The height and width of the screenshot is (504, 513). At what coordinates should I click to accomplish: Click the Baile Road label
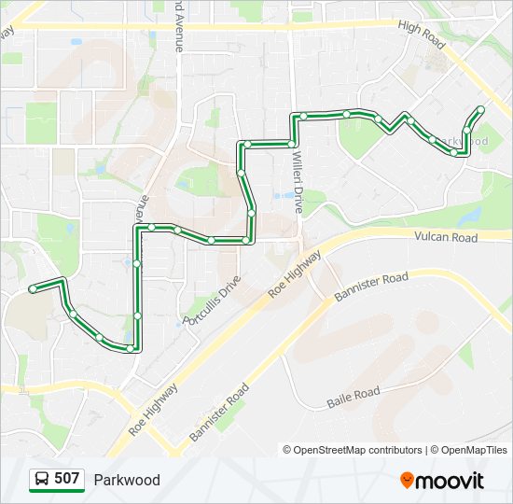click(354, 398)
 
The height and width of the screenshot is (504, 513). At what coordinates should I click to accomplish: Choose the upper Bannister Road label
click(371, 287)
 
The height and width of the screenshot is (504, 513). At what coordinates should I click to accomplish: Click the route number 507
click(66, 479)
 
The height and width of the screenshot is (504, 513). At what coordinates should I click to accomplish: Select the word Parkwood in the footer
click(127, 480)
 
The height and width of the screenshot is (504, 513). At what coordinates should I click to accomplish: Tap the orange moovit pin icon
click(407, 480)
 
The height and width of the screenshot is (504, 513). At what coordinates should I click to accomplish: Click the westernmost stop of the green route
click(33, 289)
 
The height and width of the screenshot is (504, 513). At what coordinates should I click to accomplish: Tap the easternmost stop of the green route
click(480, 110)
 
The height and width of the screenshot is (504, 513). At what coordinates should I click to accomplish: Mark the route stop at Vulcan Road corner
click(246, 241)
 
